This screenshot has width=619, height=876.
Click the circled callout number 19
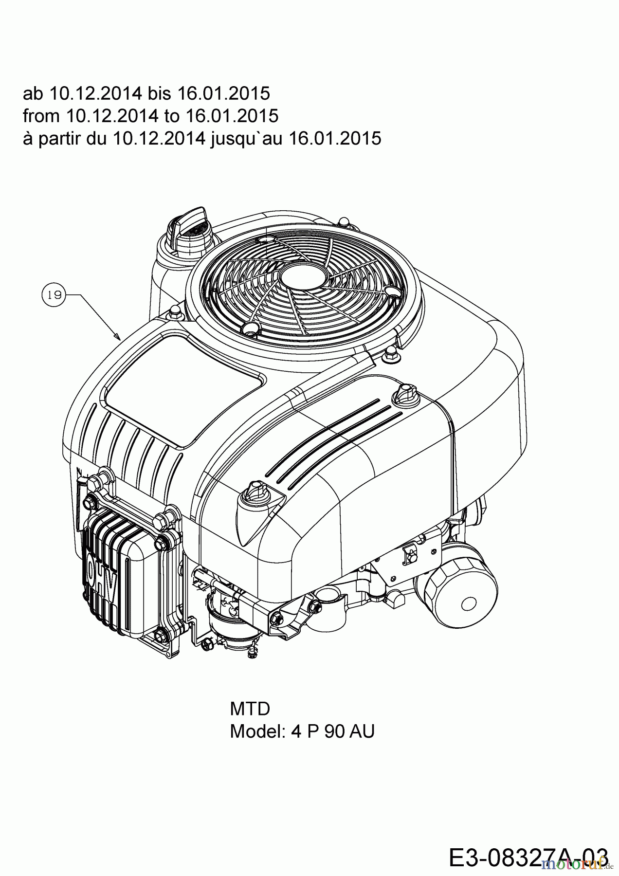(x=54, y=294)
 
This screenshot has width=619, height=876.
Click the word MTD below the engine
(x=250, y=709)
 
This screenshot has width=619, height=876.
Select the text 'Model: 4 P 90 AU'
(x=302, y=731)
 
